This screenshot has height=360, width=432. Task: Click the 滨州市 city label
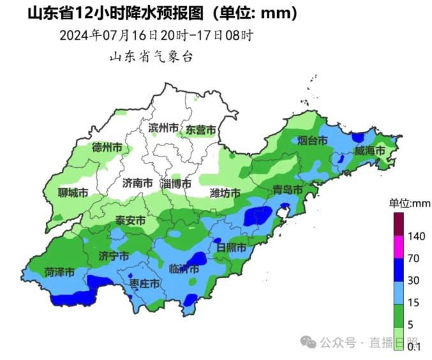tap(163, 128)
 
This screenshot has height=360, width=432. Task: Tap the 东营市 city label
tap(200, 130)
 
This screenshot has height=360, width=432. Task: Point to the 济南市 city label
tap(137, 183)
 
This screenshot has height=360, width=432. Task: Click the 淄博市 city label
tap(176, 183)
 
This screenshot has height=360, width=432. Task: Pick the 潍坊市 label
tap(225, 193)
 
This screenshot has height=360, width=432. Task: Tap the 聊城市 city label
tap(73, 193)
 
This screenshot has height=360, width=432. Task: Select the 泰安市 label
tap(130, 220)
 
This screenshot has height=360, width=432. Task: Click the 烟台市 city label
tap(313, 141)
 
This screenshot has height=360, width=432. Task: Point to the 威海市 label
tap(370, 151)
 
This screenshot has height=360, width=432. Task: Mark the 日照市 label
tap(231, 247)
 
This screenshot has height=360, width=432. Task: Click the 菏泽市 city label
tap(59, 271)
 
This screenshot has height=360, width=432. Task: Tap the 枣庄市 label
tap(144, 283)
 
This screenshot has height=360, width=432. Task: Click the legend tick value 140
tap(416, 236)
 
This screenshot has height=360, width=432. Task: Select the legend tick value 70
tap(414, 259)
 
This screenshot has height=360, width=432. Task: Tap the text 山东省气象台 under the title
tap(151, 57)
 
